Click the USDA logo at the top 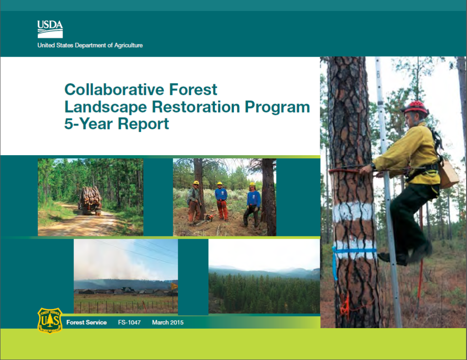[x=50, y=29]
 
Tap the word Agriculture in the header [x=128, y=45]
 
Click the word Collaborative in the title [x=114, y=89]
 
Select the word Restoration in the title [x=196, y=107]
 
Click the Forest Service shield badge [x=50, y=320]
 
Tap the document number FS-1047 [x=129, y=323]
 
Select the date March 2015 [x=168, y=323]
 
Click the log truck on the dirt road [x=90, y=201]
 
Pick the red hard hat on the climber [x=416, y=108]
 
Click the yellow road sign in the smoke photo [x=174, y=287]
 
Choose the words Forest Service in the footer [x=86, y=323]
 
